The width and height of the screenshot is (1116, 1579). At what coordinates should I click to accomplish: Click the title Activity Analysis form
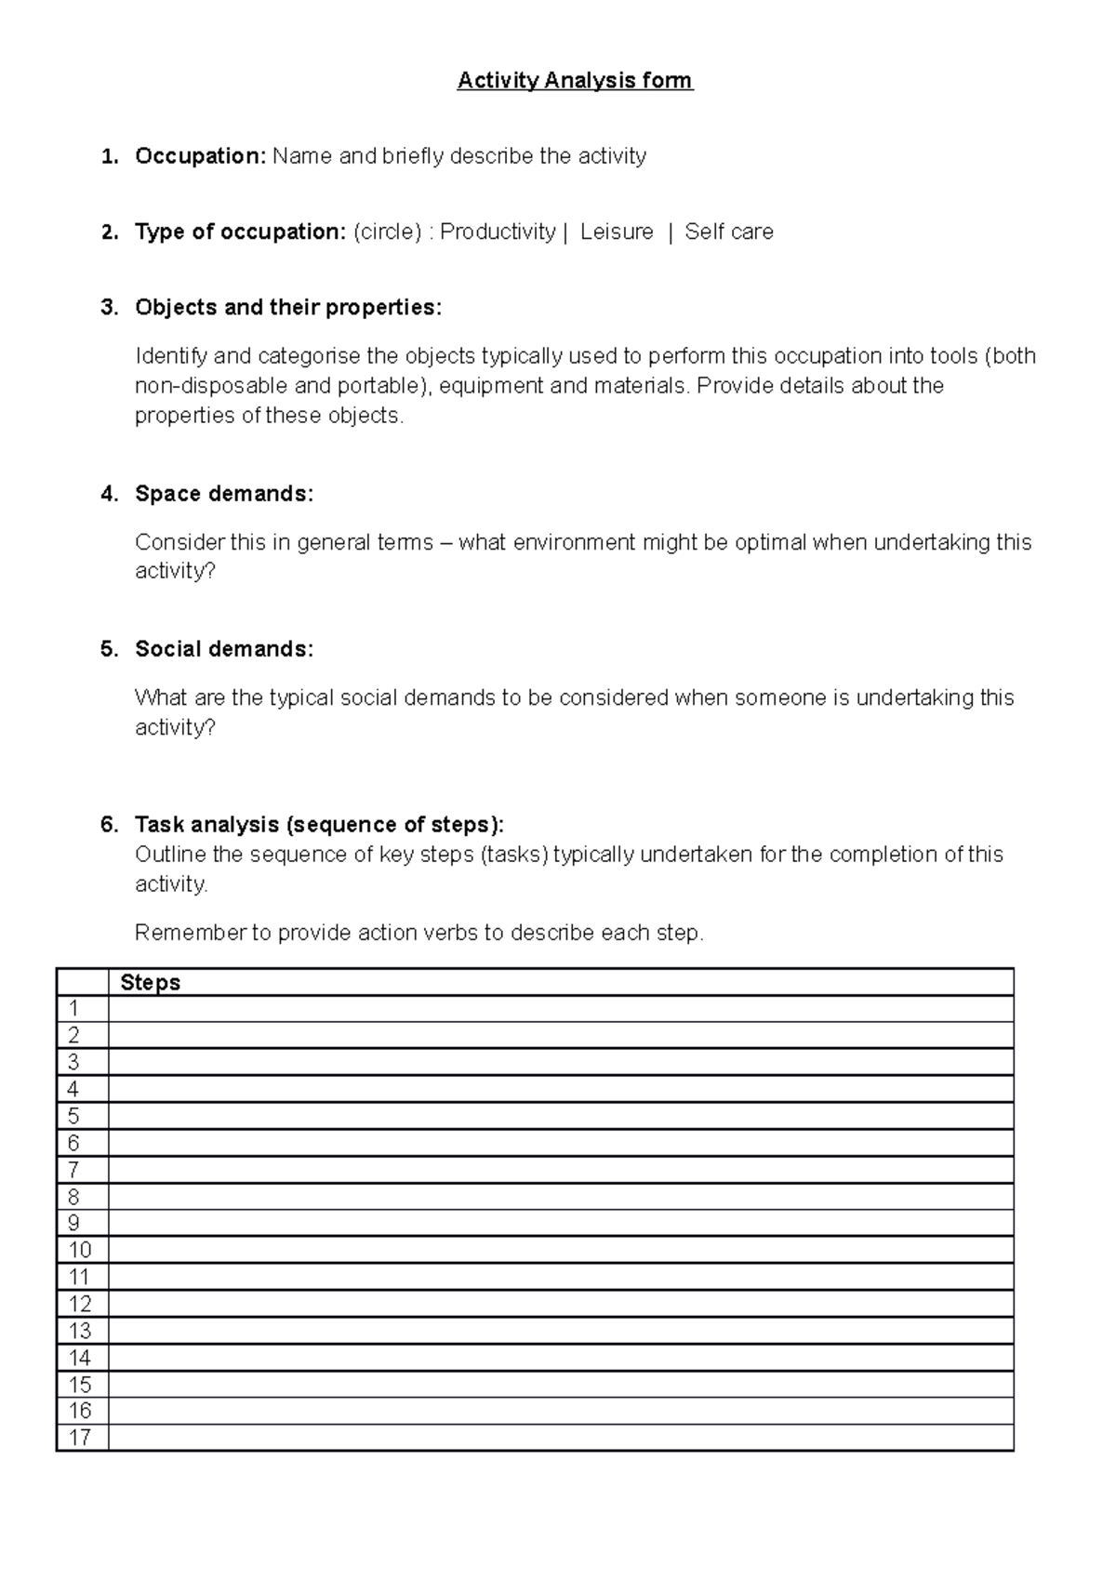[x=575, y=81]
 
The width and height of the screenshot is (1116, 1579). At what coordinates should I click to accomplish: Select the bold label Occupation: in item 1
[x=200, y=156]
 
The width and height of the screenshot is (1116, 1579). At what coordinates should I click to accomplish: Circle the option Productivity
[x=498, y=232]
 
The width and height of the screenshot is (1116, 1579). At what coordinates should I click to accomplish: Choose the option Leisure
[x=617, y=232]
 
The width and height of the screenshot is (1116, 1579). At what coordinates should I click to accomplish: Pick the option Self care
[x=729, y=232]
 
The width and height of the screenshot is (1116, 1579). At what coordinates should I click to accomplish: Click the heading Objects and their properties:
[x=288, y=308]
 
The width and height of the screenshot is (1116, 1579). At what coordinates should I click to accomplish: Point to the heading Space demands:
[x=224, y=494]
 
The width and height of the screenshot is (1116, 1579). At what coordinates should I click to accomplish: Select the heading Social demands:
[x=224, y=649]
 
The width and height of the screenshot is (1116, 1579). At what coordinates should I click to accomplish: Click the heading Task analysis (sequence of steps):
[x=320, y=825]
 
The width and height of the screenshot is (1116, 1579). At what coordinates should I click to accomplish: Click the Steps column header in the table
[x=151, y=983]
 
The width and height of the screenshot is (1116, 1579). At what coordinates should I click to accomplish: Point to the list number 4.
[x=110, y=494]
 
